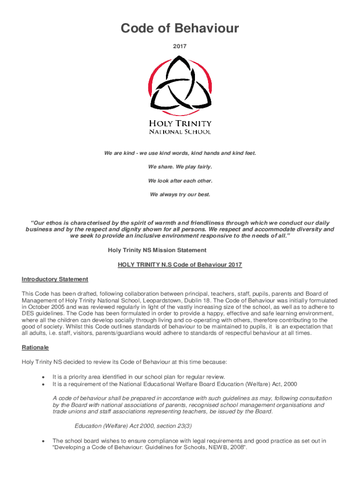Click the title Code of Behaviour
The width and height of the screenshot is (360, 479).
coord(180,29)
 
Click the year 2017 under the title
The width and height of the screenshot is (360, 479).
coord(180,46)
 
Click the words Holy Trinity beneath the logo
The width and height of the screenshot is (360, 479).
coord(180,123)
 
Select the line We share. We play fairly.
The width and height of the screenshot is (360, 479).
coord(180,167)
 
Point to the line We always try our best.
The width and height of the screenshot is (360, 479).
coord(180,194)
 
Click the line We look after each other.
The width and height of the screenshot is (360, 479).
coord(180,181)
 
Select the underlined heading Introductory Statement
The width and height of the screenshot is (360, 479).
coord(55,279)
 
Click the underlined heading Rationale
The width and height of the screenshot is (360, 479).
coord(35,348)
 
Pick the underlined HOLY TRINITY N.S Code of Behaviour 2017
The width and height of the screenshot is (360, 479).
coord(180,265)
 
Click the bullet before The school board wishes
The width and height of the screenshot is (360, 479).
coord(43,441)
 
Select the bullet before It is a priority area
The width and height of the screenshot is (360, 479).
coord(43,377)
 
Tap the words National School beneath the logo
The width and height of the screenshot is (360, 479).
coord(180,132)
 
